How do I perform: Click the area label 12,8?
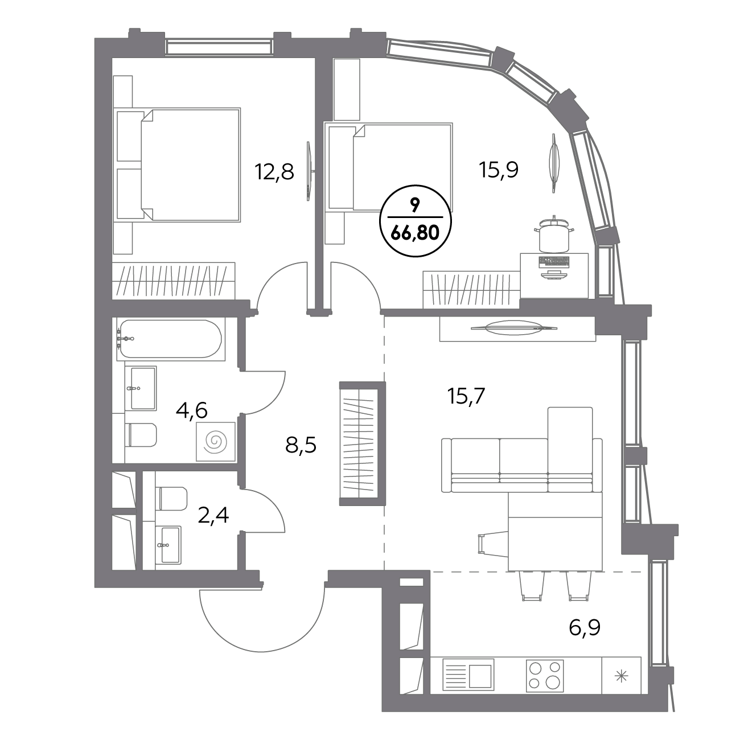[x=274, y=172]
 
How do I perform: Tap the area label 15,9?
[x=499, y=170]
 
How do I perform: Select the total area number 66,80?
[x=415, y=233]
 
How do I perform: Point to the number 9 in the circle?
[x=415, y=207]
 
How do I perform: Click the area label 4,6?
[x=192, y=410]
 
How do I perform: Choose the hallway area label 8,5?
[x=301, y=446]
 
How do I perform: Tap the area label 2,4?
[x=213, y=515]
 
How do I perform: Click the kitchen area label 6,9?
[x=585, y=628]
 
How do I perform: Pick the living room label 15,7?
[x=467, y=396]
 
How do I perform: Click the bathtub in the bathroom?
[x=170, y=339]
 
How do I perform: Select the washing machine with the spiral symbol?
[x=215, y=441]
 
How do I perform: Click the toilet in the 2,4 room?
[x=173, y=499]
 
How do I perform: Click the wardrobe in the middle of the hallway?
[x=362, y=443]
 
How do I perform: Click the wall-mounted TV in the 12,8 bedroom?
[x=309, y=171]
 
